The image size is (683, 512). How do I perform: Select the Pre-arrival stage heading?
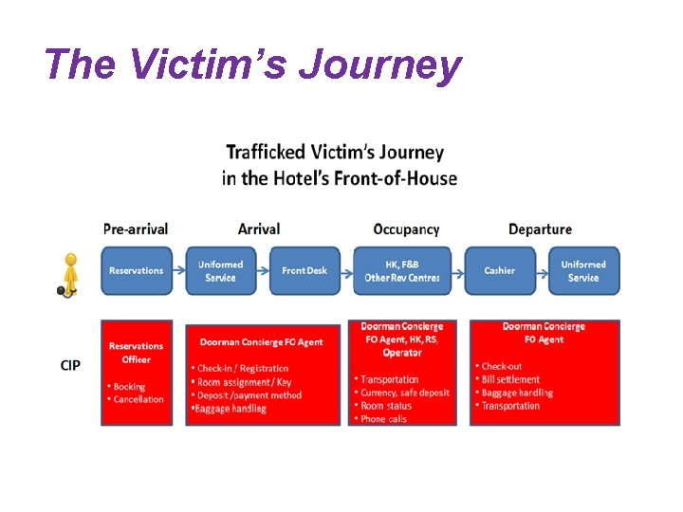click(136, 229)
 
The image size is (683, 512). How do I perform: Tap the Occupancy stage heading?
click(406, 229)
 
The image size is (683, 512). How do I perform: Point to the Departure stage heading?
click(540, 229)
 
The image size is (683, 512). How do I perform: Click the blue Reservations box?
click(137, 271)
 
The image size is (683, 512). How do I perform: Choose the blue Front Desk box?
click(304, 271)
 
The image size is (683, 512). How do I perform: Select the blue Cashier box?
click(499, 271)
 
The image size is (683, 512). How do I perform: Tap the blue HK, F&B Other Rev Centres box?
click(402, 271)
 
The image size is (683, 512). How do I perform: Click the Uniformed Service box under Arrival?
click(220, 271)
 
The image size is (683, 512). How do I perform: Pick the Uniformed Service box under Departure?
click(583, 271)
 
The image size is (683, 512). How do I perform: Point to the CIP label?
click(70, 365)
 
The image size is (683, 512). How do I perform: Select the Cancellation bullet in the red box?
click(138, 399)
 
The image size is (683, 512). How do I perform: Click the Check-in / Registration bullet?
click(243, 368)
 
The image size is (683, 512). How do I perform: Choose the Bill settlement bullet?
click(510, 379)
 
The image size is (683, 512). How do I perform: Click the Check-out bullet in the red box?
click(502, 366)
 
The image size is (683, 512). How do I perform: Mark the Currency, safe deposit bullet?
click(405, 393)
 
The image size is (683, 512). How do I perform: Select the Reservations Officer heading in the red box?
click(136, 353)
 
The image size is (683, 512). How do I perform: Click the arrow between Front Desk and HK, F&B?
click(345, 271)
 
